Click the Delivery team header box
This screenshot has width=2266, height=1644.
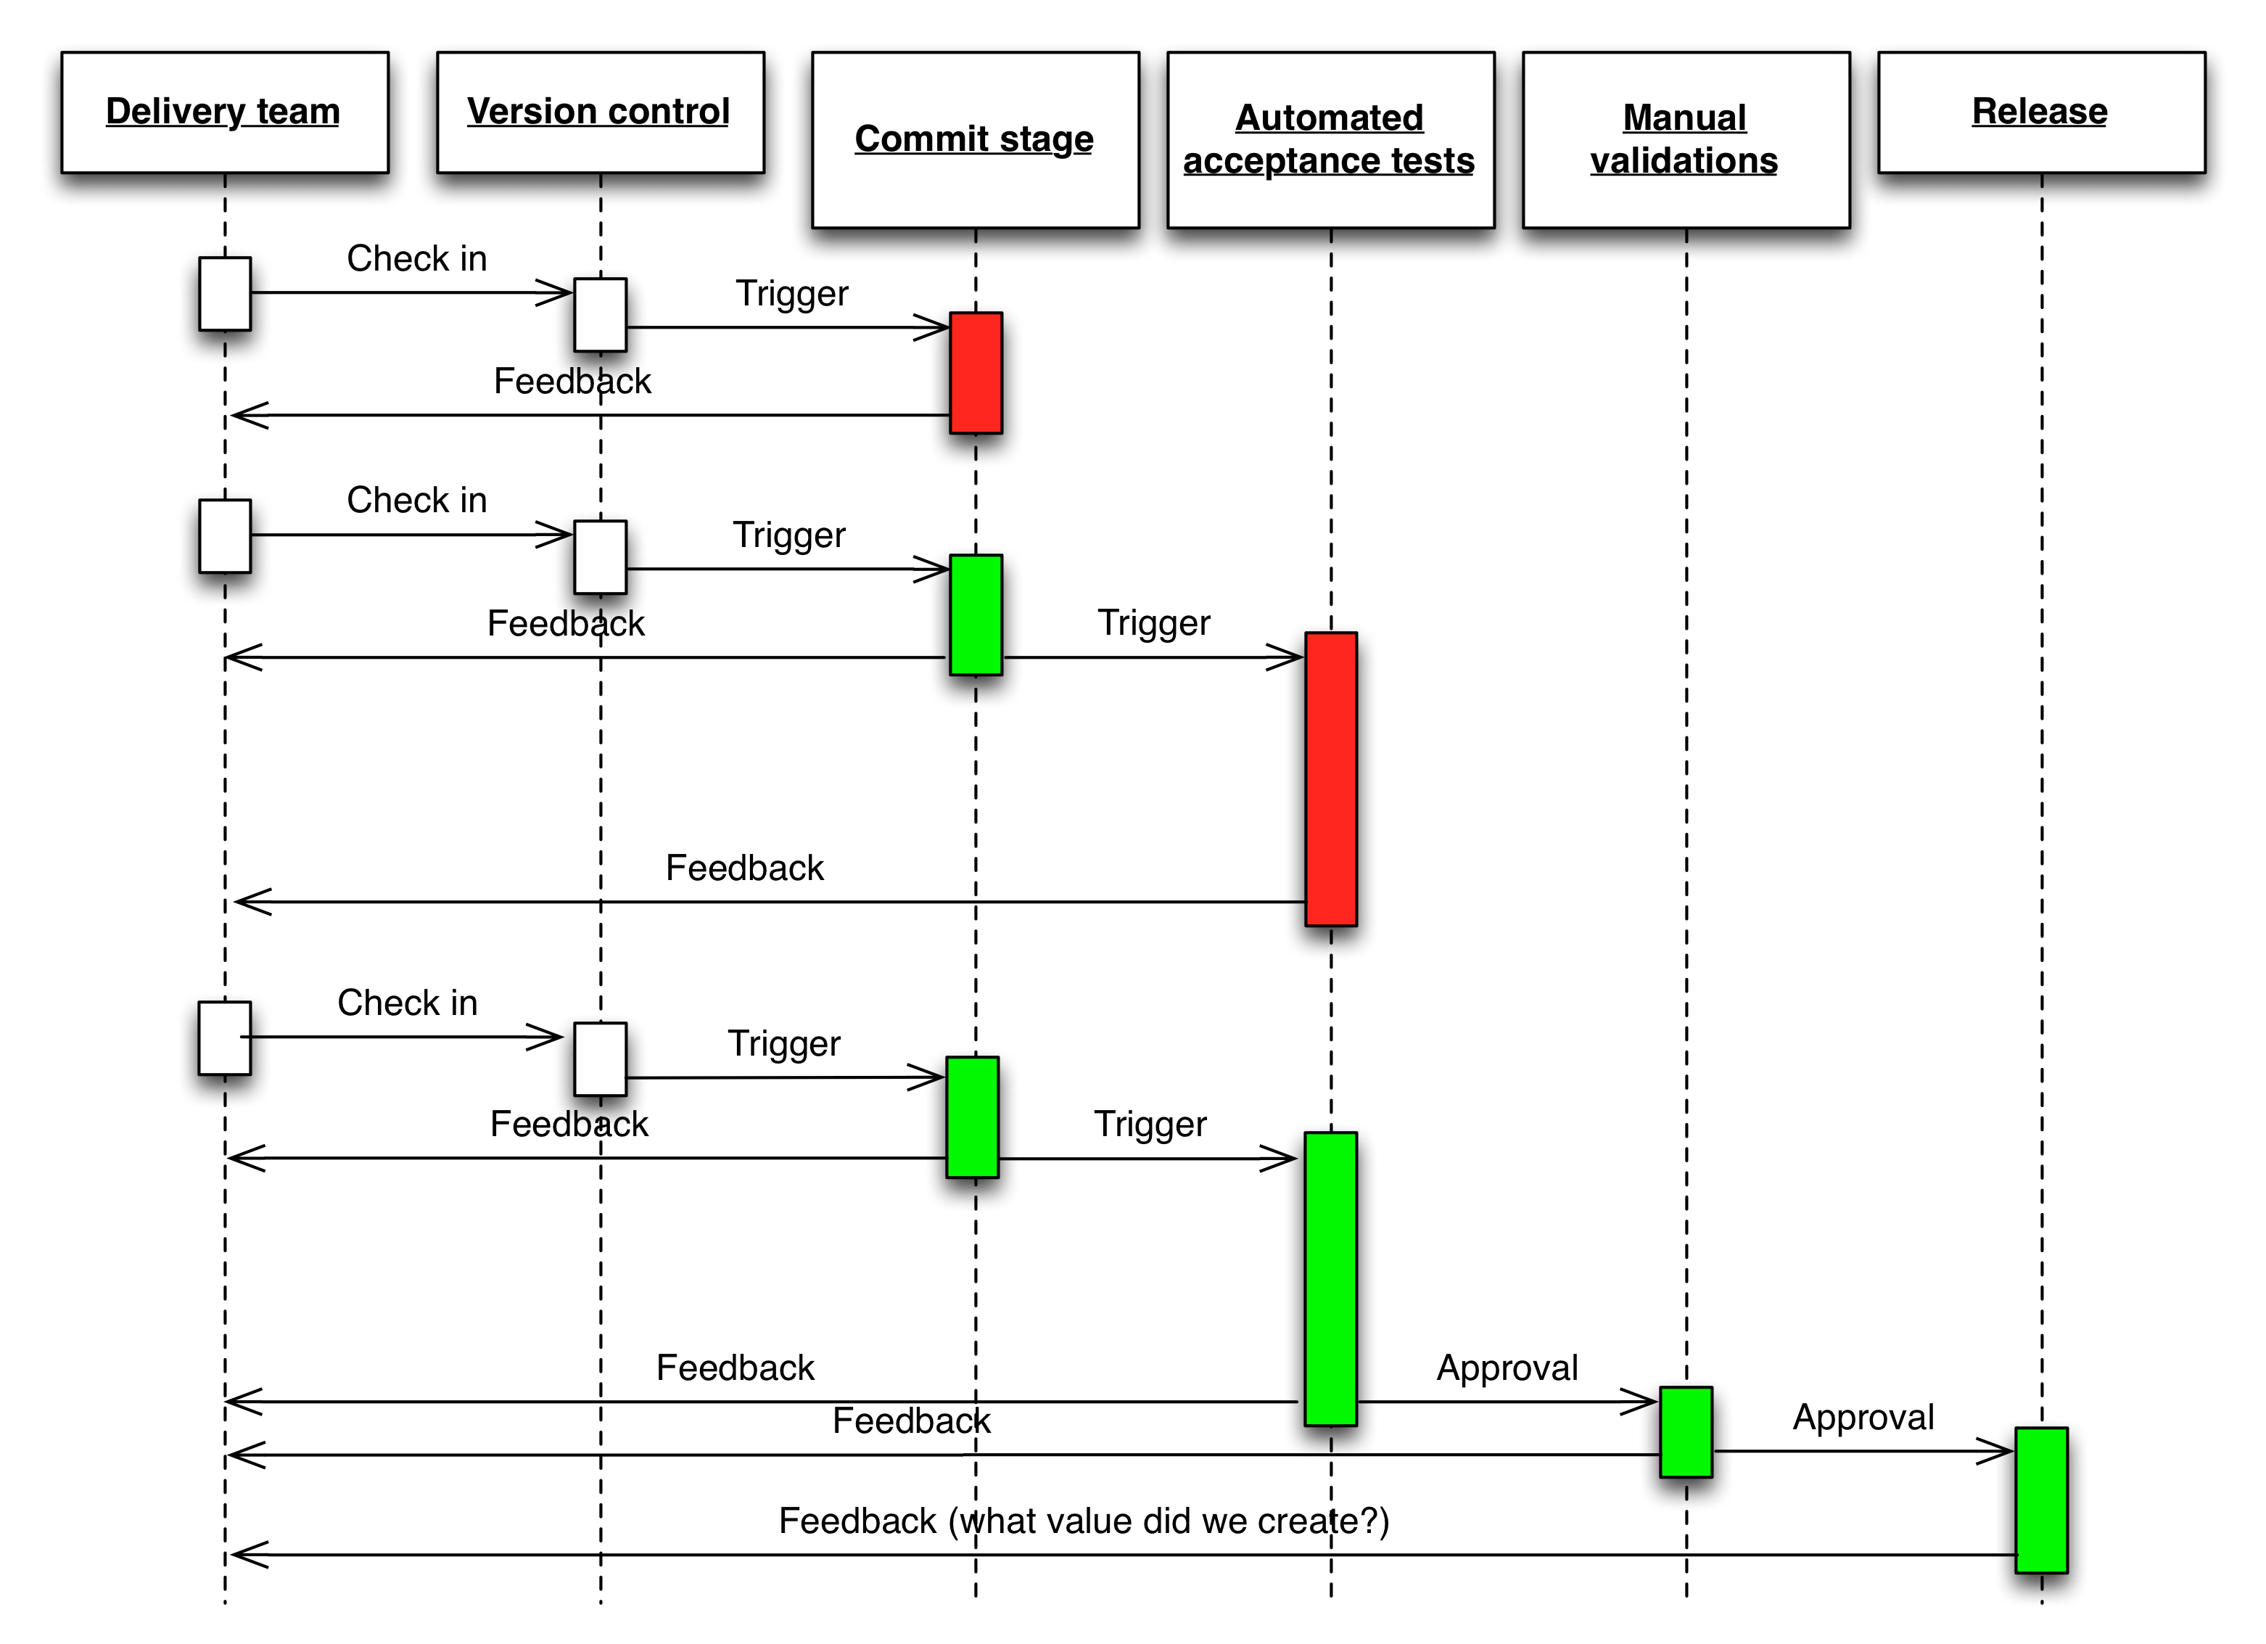coord(224,112)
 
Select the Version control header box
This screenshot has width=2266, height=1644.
coord(599,112)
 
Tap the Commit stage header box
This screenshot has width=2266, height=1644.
coord(974,140)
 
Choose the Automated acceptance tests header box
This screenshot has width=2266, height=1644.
coord(1330,140)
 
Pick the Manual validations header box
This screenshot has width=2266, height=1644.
coord(1686,140)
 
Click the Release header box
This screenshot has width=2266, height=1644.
coord(2040,112)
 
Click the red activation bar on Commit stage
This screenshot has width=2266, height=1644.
coord(975,373)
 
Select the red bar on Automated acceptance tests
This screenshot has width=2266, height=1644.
coord(1331,778)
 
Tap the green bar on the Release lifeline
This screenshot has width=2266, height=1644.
coord(2040,1499)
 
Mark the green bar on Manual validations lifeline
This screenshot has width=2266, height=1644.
coord(1686,1431)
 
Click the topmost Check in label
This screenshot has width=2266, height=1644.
coord(416,259)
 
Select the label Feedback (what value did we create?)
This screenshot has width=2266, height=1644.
coord(1084,1521)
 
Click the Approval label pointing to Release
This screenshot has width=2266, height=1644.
coord(1863,1417)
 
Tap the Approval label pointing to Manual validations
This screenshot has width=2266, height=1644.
coord(1507,1367)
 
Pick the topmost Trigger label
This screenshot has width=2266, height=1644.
coord(791,294)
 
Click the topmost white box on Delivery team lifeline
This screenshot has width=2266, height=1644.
coord(225,294)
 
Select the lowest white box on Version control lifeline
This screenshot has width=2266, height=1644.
coord(599,1059)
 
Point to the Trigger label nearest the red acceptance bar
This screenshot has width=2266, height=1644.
coord(1153,622)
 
